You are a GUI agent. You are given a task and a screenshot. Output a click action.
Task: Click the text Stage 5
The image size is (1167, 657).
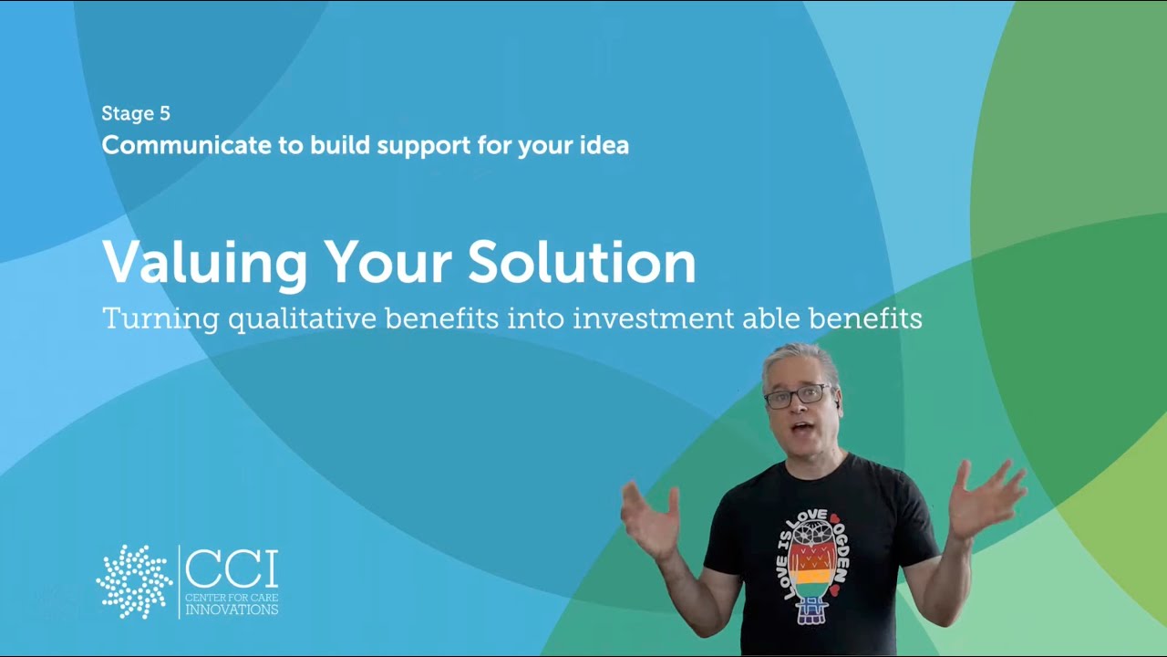point(136,114)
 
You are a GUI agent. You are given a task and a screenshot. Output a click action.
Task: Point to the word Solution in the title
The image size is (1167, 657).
point(582,262)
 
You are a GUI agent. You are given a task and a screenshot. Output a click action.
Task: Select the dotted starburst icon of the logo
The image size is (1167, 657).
point(134,582)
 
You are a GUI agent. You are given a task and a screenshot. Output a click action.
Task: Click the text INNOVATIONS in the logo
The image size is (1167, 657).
point(232,609)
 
